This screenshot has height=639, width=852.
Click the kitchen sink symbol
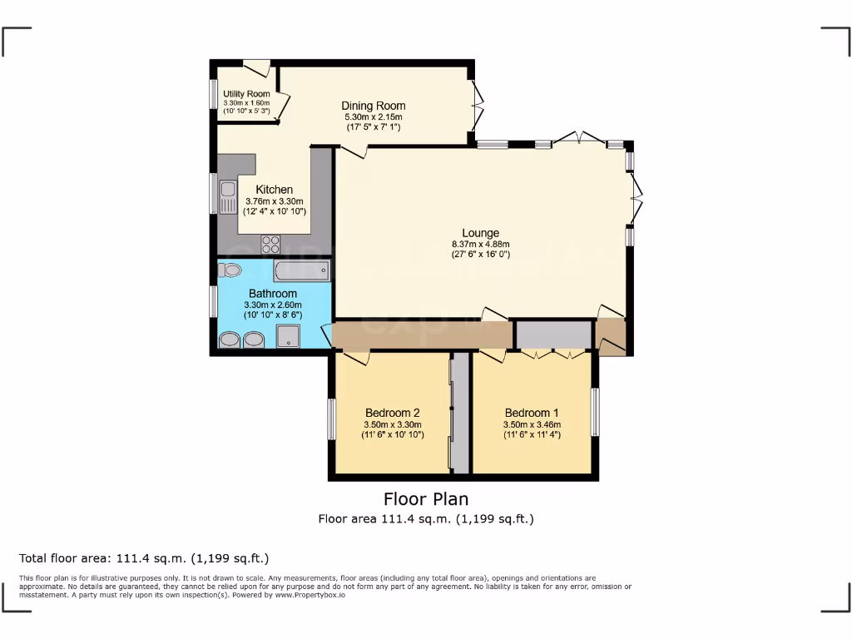(x=227, y=196)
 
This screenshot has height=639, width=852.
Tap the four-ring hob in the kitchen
(x=270, y=244)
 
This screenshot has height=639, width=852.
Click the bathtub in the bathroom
(x=301, y=270)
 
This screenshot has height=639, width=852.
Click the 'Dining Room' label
(x=374, y=106)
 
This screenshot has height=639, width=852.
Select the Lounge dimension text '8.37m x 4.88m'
(x=480, y=244)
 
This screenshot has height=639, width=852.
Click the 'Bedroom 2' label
(x=392, y=413)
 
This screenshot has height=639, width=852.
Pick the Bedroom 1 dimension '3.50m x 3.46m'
(x=532, y=424)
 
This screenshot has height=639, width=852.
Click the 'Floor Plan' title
(x=425, y=499)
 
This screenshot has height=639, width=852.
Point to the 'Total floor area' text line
(x=144, y=558)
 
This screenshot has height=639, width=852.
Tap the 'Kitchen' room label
(x=274, y=190)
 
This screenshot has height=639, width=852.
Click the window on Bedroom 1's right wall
(x=595, y=412)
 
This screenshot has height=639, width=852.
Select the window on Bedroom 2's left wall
(x=331, y=419)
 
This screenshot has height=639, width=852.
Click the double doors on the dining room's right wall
(x=477, y=104)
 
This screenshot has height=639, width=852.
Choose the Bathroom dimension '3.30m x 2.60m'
(x=272, y=305)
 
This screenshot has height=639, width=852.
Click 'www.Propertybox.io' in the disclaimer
(x=309, y=595)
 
